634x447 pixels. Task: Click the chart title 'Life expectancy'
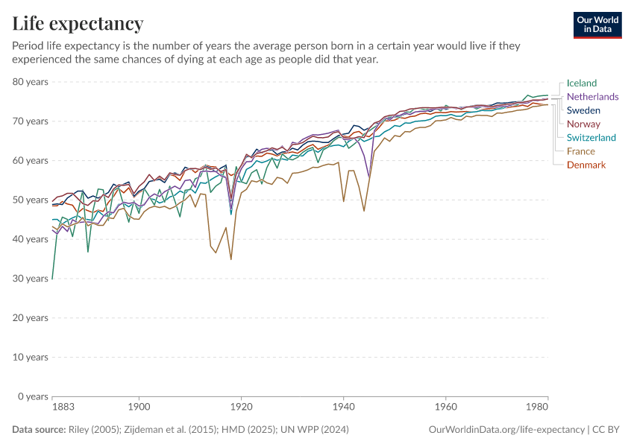point(78,24)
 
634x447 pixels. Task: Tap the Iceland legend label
point(581,83)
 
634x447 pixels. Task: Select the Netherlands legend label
point(592,97)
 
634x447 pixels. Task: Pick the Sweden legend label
point(583,110)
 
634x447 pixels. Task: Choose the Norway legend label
point(583,124)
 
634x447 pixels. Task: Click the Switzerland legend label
point(591,138)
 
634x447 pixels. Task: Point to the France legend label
point(580,151)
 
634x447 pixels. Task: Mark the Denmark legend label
point(586,165)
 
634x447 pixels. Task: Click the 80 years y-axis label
point(31,82)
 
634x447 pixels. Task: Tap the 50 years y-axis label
point(31,200)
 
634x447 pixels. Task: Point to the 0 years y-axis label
point(33,396)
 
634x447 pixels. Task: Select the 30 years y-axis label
point(31,279)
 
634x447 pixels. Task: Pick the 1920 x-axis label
point(241,408)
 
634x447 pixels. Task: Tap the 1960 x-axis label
point(445,408)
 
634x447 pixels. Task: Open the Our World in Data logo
point(597,25)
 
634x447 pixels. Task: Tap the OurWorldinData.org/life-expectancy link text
point(506,430)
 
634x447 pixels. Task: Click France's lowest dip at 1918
point(231,259)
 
